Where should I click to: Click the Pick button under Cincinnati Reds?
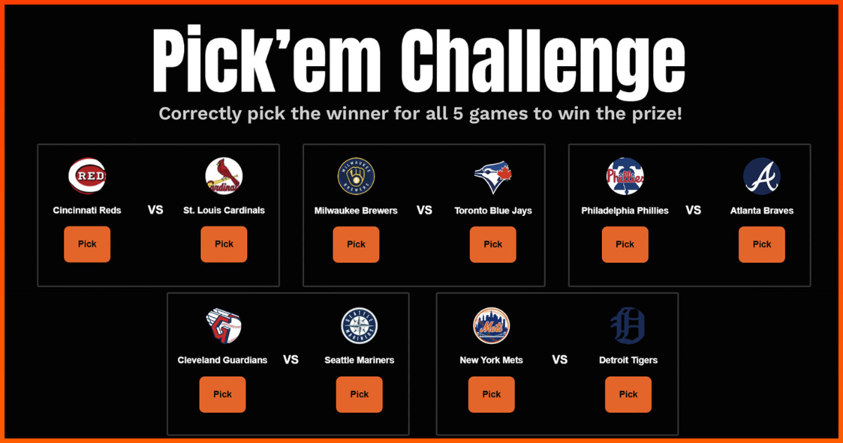(87, 244)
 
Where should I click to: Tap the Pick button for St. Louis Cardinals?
(224, 244)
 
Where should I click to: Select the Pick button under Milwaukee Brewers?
(356, 245)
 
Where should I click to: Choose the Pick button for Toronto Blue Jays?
(493, 245)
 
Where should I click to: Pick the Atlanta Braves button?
(762, 245)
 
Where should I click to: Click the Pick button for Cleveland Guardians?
(223, 394)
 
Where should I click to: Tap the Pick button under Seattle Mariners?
(360, 394)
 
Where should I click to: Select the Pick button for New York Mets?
(492, 394)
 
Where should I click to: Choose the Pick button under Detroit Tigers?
(628, 394)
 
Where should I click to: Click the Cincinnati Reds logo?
(87, 176)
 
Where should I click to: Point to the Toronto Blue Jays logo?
(493, 176)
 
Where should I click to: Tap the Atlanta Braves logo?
(762, 176)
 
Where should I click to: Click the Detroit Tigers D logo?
(628, 326)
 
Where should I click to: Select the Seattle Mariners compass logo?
(360, 326)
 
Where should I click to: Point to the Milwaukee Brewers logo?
(356, 176)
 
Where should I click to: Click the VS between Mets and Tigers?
(560, 360)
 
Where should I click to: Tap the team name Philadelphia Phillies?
(625, 210)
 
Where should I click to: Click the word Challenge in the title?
(542, 62)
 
